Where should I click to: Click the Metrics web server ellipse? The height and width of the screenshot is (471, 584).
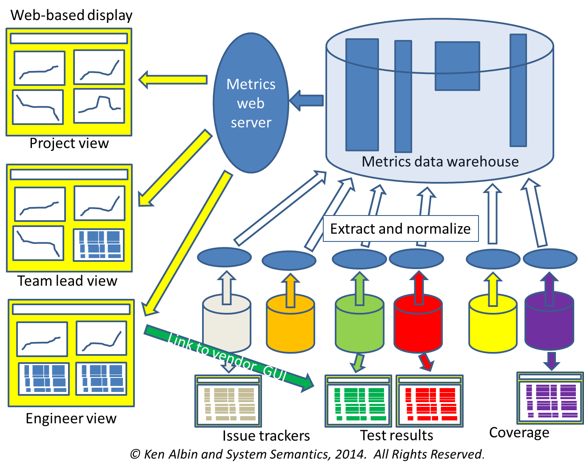coord(251,103)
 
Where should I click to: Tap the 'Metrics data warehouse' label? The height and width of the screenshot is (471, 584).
coord(440,162)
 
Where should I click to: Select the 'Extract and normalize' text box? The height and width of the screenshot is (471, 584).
coord(400,229)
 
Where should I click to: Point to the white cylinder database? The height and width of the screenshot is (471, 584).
coord(226,325)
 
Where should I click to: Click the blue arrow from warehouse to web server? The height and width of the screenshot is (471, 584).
coord(307,101)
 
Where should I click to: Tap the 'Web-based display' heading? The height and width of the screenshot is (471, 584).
coord(71,15)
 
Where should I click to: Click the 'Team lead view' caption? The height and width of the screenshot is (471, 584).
coord(67,281)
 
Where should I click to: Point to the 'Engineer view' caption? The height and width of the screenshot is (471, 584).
coord(71,419)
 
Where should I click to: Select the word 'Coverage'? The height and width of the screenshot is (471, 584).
coord(519,433)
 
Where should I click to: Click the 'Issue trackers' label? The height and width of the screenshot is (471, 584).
coord(266,436)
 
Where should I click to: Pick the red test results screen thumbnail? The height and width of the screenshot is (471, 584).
coord(430,400)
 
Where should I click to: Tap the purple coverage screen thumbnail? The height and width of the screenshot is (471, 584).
coord(550,398)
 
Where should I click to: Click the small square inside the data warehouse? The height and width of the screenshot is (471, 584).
coord(457,66)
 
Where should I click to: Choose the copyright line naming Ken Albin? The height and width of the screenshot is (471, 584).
coord(307,454)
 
